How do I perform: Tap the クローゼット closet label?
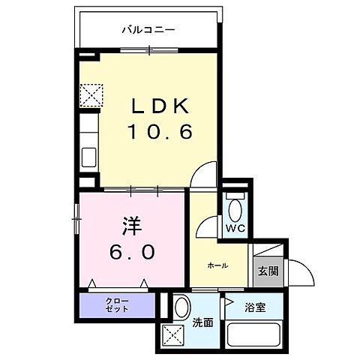(116, 304)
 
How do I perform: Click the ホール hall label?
(218, 265)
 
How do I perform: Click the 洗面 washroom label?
(203, 323)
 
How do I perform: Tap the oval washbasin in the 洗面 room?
(182, 306)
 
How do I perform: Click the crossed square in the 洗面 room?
(173, 335)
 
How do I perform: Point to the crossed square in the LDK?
(91, 95)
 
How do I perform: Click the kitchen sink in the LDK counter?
(88, 160)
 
